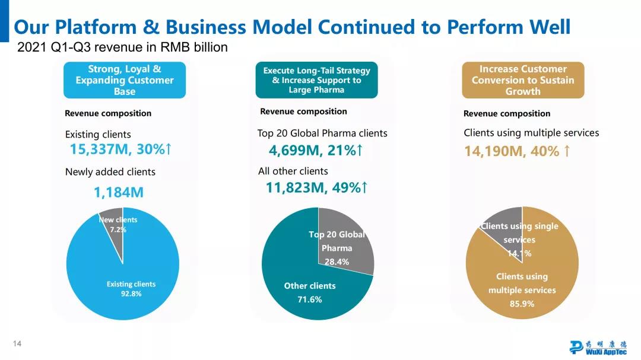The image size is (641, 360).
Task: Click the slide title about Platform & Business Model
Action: tap(292, 27)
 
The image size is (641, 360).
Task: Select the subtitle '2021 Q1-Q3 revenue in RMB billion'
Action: tap(123, 47)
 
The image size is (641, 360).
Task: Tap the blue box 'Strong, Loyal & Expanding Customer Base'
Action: tap(125, 80)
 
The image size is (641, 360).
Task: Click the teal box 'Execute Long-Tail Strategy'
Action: tap(316, 80)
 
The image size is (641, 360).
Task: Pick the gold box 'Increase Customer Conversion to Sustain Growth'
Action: tap(523, 80)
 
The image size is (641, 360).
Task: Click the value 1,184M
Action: tap(119, 193)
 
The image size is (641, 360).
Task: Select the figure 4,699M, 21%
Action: tap(315, 151)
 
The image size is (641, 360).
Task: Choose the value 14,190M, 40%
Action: tap(517, 152)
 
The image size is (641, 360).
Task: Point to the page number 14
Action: tap(17, 344)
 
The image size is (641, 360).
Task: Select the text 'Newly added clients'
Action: tap(110, 172)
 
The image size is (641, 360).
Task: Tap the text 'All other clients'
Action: tap(293, 171)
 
